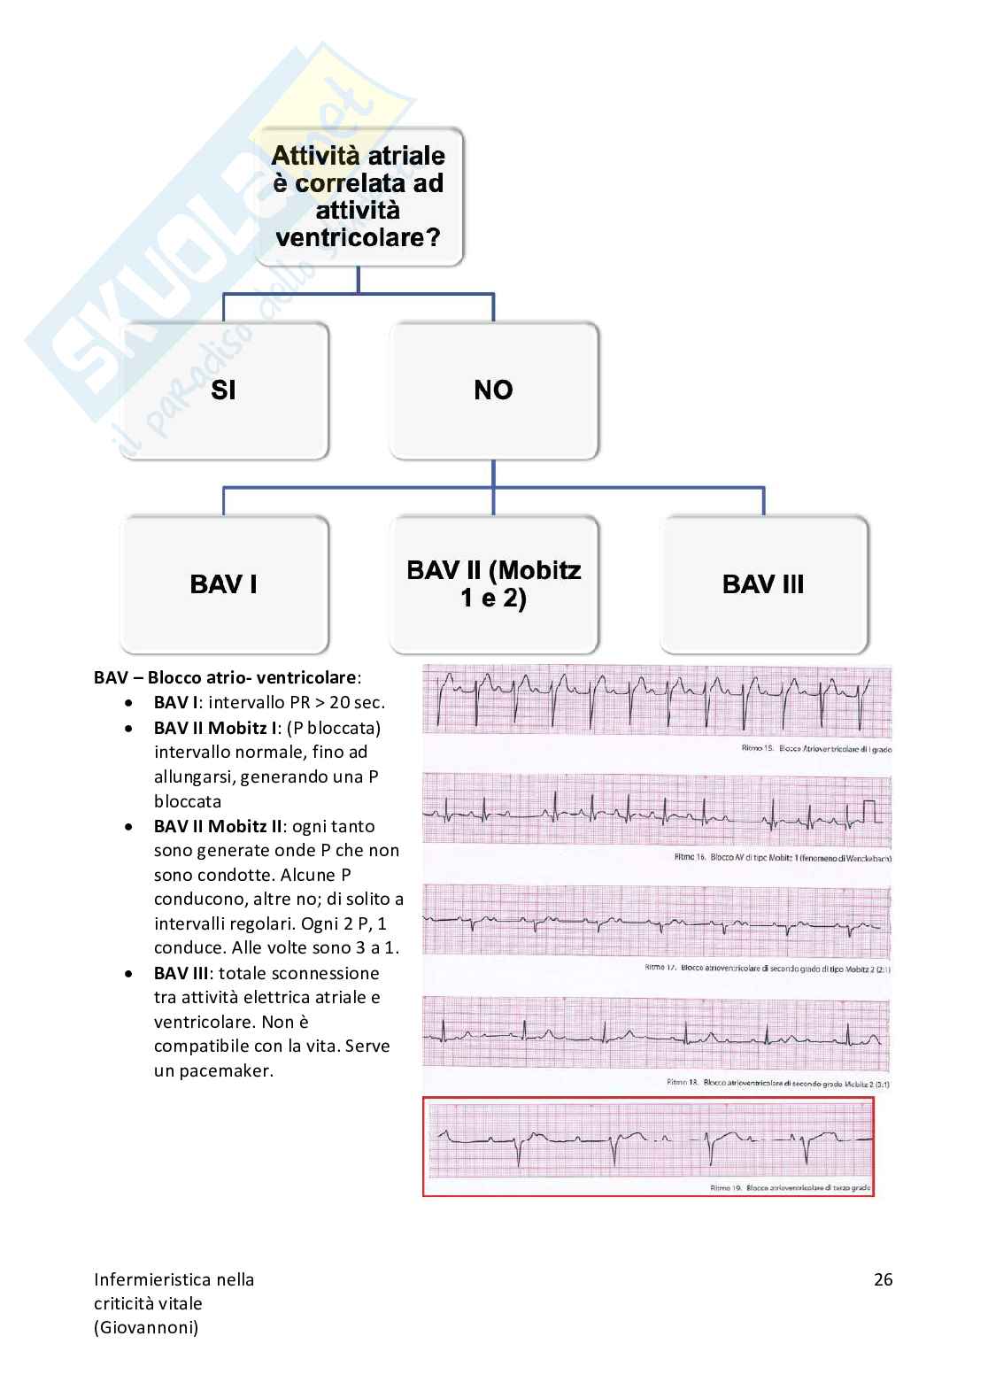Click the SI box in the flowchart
coord(224,390)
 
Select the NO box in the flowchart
coord(493,390)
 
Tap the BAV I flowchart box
coord(224,584)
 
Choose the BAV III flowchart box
coord(763,584)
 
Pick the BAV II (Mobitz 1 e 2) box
coord(493,584)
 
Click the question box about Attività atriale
coord(359,197)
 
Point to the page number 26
coord(883,1279)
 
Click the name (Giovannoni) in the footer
coord(146,1327)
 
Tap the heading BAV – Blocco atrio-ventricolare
coord(227,678)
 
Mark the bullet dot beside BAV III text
coord(130,973)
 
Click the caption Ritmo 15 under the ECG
coord(815,749)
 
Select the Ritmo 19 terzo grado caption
coord(790,1188)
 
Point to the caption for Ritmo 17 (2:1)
coord(767,969)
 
